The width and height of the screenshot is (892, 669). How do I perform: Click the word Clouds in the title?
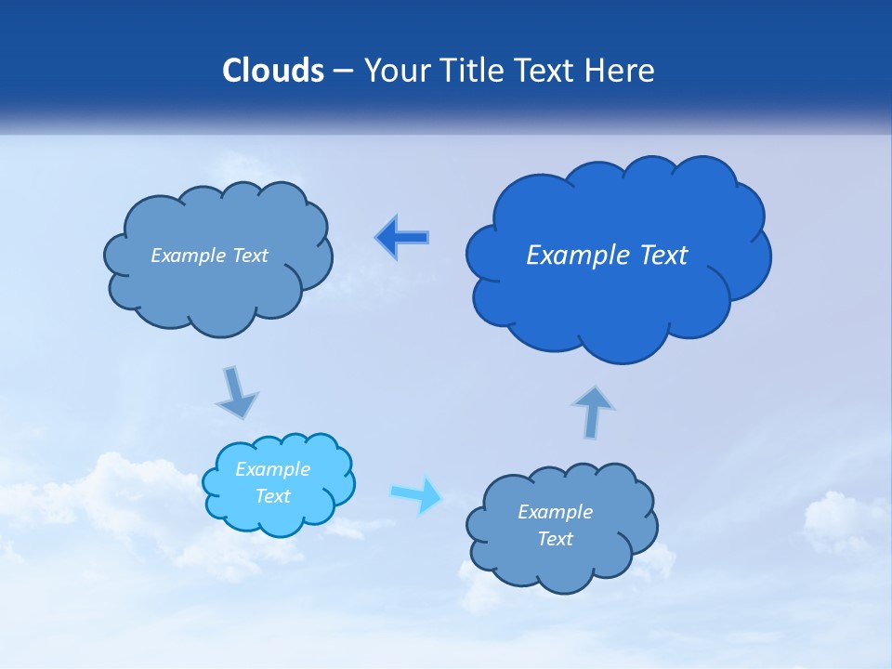272,71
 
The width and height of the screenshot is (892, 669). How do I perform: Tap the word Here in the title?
620,71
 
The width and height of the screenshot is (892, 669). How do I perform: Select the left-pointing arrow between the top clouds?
402,237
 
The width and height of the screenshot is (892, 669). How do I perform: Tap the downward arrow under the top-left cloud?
237,392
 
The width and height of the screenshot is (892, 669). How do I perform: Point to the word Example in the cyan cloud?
273,469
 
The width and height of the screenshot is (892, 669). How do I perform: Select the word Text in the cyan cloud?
273,496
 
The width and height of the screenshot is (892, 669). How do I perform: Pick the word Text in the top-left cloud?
249,256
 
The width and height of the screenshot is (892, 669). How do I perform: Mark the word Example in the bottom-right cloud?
555,512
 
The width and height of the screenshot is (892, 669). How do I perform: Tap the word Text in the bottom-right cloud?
555,539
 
